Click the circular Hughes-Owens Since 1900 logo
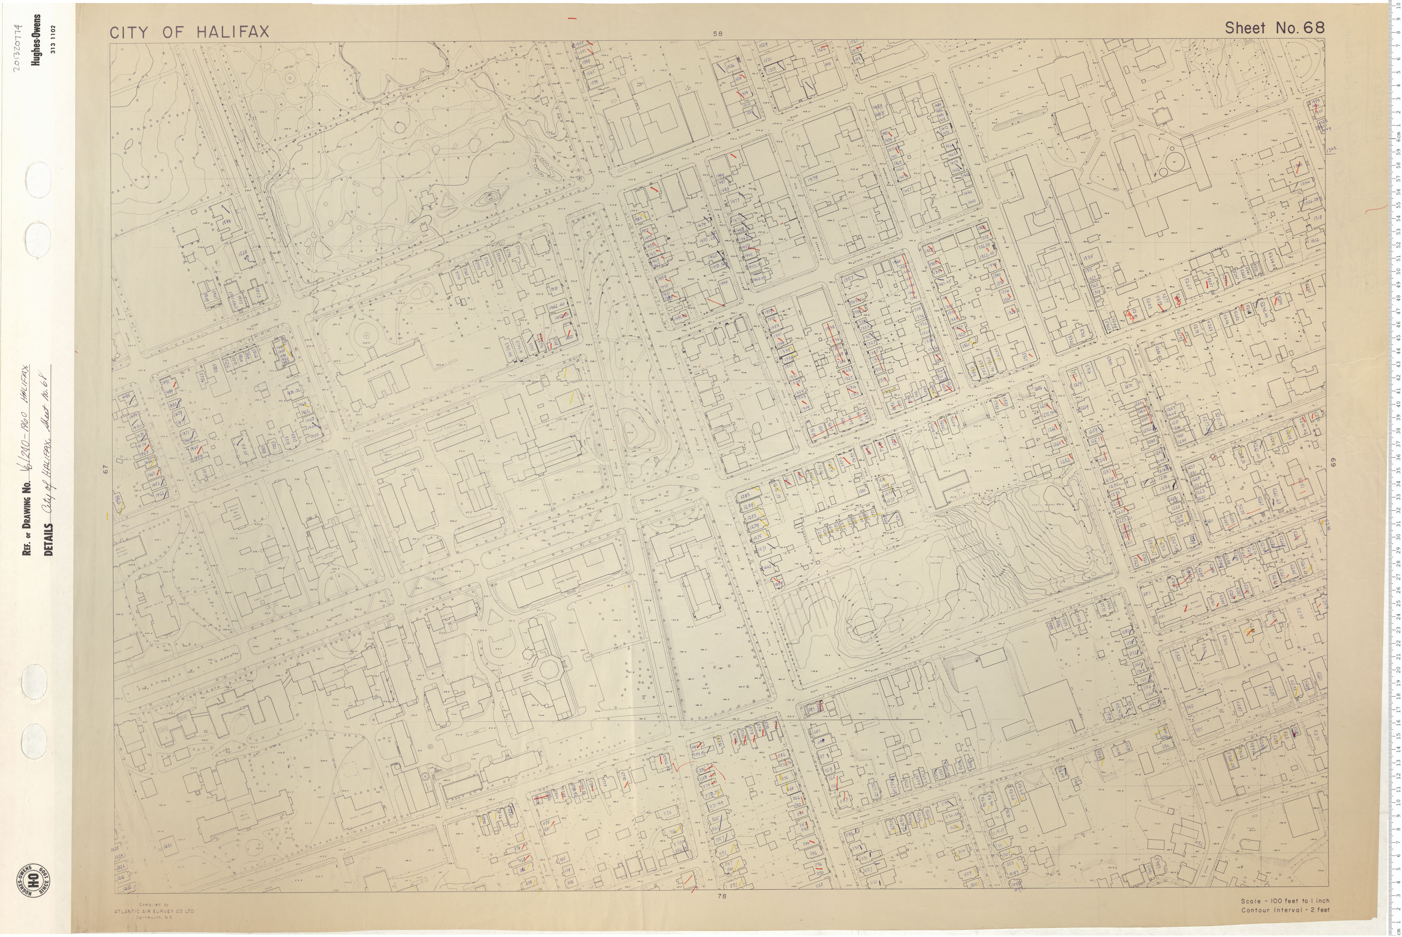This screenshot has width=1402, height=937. [x=33, y=880]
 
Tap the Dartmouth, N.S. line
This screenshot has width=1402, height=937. [x=154, y=918]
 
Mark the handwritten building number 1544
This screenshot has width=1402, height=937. [x=226, y=221]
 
